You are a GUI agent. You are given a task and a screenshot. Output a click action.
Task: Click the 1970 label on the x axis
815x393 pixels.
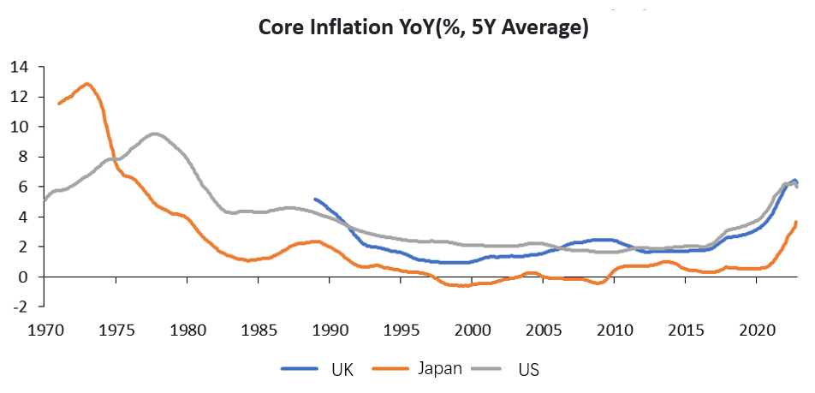(45, 329)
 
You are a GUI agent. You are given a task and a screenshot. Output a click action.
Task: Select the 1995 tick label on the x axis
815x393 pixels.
(401, 329)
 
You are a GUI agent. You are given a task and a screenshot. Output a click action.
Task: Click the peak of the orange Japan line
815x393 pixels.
(86, 84)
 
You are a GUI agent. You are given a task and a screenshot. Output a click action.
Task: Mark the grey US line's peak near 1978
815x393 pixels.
(154, 134)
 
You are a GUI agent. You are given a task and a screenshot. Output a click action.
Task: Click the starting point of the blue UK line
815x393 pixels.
(315, 199)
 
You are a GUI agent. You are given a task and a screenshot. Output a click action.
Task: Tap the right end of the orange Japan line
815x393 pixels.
(797, 223)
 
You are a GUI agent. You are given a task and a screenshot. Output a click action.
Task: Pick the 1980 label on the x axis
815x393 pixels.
(187, 329)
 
